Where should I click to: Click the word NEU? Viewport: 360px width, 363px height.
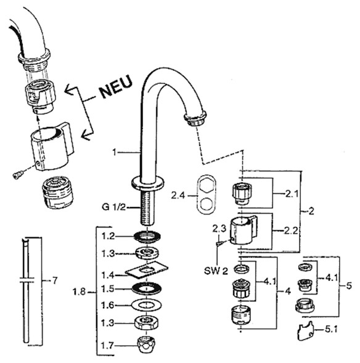tap(117, 86)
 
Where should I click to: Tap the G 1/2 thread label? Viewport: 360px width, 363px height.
tap(113, 206)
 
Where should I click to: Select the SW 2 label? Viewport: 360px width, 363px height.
tap(216, 271)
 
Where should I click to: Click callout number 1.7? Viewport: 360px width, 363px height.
tap(107, 346)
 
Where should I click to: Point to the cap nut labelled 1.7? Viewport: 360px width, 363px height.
tap(147, 345)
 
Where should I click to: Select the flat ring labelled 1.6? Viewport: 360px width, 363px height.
tap(147, 306)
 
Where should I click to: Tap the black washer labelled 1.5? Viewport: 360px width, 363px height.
tap(147, 288)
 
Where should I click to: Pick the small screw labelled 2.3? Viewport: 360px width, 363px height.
tap(220, 243)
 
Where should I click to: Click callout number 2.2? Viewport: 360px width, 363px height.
tap(291, 230)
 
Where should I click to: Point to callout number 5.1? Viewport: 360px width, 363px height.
tap(331, 329)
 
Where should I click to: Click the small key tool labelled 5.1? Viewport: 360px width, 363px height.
tap(305, 331)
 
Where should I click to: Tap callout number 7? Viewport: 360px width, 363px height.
tap(55, 280)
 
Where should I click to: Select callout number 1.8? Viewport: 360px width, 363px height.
tap(79, 292)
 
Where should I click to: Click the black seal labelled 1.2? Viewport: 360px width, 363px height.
tap(147, 237)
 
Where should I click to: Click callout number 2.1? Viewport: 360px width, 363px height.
tap(292, 194)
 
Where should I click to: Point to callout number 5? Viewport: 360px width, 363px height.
tap(349, 285)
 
